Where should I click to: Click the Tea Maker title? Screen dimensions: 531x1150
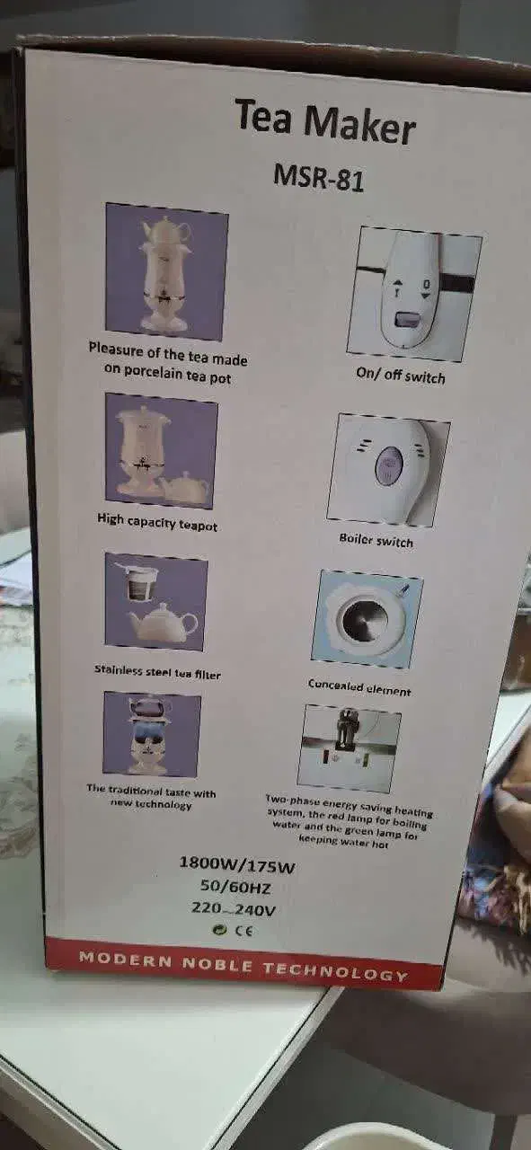(x=325, y=123)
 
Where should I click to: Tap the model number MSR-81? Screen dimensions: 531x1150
(x=319, y=178)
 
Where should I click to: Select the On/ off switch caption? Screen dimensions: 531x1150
(x=401, y=375)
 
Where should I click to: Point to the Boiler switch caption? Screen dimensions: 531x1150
(x=376, y=540)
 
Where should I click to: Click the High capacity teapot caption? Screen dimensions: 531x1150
(x=157, y=522)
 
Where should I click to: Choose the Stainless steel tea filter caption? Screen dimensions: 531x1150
(x=157, y=671)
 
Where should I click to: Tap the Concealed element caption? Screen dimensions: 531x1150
(x=359, y=687)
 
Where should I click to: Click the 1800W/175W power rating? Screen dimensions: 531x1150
(x=237, y=864)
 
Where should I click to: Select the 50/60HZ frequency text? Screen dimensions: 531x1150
(x=235, y=887)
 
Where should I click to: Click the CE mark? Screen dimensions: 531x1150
(x=243, y=930)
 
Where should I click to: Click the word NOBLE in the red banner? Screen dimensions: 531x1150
(x=217, y=962)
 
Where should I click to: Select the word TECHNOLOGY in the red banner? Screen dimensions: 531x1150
(x=335, y=969)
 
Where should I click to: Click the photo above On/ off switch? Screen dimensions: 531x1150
(x=414, y=294)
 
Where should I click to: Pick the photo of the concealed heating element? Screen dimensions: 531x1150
(x=367, y=619)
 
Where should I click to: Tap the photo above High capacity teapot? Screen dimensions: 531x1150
(x=161, y=451)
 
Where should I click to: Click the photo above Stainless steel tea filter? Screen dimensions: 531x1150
(x=156, y=602)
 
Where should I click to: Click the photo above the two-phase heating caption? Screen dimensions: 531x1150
(x=350, y=747)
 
